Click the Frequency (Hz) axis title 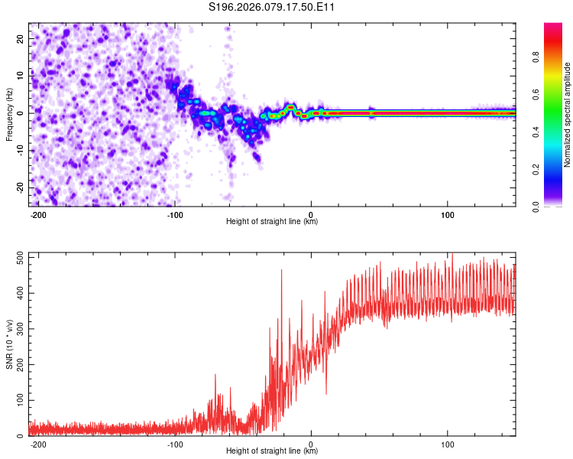pyautogui.click(x=9, y=114)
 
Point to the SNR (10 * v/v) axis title pyautogui.click(x=9, y=344)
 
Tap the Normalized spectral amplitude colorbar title pyautogui.click(x=568, y=115)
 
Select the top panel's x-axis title pyautogui.click(x=272, y=222)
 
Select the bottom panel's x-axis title pyautogui.click(x=272, y=451)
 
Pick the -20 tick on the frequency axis pyautogui.click(x=19, y=188)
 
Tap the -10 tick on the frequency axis pyautogui.click(x=19, y=151)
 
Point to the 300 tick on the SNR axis pyautogui.click(x=18, y=329)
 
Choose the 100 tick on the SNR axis pyautogui.click(x=18, y=400)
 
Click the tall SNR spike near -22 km pyautogui.click(x=282, y=271)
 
